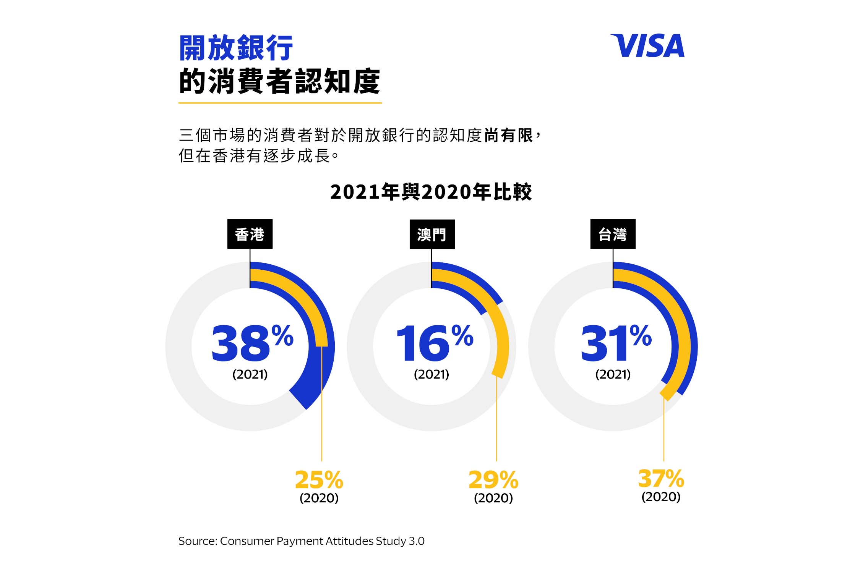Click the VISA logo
[647, 46]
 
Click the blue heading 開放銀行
[236, 48]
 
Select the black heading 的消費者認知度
[279, 81]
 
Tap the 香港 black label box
[250, 234]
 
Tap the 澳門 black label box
[432, 234]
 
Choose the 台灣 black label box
[613, 234]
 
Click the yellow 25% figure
[319, 480]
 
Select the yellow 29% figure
[493, 480]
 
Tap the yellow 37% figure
[661, 478]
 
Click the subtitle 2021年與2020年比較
[431, 192]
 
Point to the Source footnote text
[301, 541]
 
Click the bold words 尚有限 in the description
[508, 136]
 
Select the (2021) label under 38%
[250, 374]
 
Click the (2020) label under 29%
[493, 498]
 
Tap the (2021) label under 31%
[613, 374]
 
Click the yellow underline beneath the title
[280, 103]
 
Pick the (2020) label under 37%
[661, 497]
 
